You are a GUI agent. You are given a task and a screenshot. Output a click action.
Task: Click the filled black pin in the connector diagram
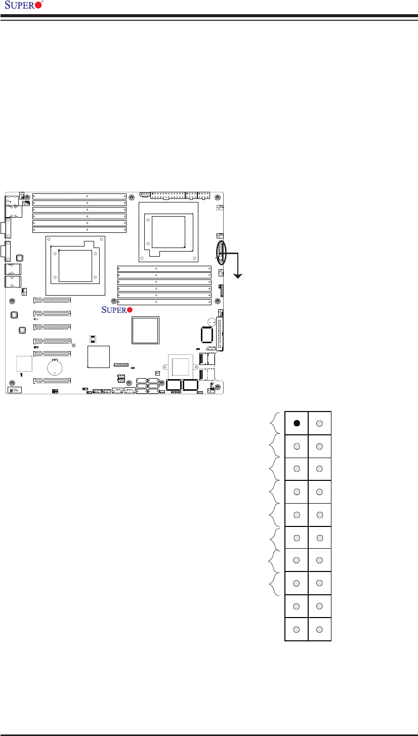pos(297,423)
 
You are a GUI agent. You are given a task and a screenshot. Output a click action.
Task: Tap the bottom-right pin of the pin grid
pos(319,630)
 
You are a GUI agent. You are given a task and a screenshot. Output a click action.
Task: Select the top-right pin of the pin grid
pos(319,424)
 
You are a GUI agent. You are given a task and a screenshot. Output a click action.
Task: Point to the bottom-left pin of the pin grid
pos(296,630)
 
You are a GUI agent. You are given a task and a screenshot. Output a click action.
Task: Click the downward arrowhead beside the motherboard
pos(238,276)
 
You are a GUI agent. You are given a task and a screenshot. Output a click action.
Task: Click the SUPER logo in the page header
pos(24,5)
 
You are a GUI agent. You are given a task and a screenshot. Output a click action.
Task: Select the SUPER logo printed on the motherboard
pos(117,310)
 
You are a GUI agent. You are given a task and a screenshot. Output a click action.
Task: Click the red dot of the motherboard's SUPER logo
pos(130,310)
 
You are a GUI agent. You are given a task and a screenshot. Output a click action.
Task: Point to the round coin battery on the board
pos(55,367)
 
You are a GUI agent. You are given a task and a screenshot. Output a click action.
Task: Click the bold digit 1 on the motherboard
pos(21,375)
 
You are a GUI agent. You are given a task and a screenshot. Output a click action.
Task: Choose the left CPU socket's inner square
pos(75,266)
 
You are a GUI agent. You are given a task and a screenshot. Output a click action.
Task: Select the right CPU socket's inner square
pos(169,232)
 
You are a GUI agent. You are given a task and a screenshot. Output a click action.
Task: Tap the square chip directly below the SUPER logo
pos(145,330)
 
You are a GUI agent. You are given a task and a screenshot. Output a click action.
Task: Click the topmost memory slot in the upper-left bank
pos(79,196)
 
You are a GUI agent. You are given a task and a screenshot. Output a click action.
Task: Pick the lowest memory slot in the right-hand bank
pos(164,302)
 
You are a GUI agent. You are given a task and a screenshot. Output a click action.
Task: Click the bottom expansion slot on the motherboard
pos(52,381)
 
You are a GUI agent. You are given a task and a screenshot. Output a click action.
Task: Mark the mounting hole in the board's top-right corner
pos(218,197)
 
